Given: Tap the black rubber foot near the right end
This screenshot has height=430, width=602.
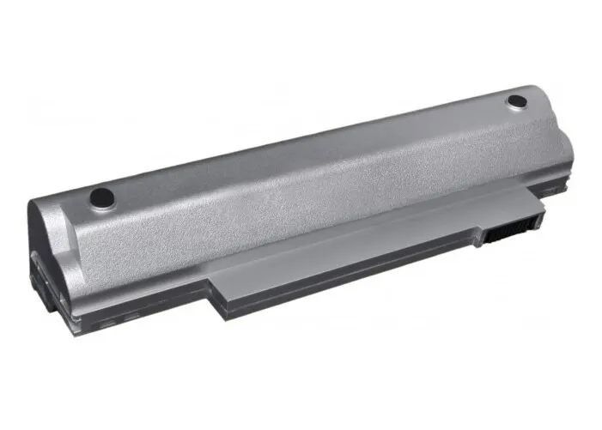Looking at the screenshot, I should point(516,101).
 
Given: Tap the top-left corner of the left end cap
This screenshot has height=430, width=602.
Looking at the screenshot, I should point(34,202).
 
